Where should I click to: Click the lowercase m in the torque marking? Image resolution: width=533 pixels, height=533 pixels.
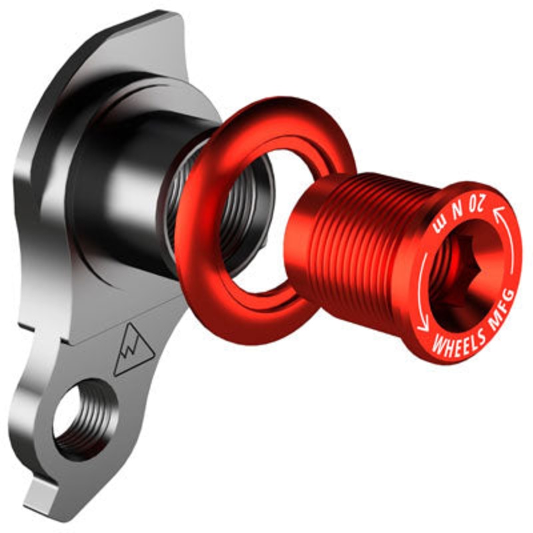tap(439, 223)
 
